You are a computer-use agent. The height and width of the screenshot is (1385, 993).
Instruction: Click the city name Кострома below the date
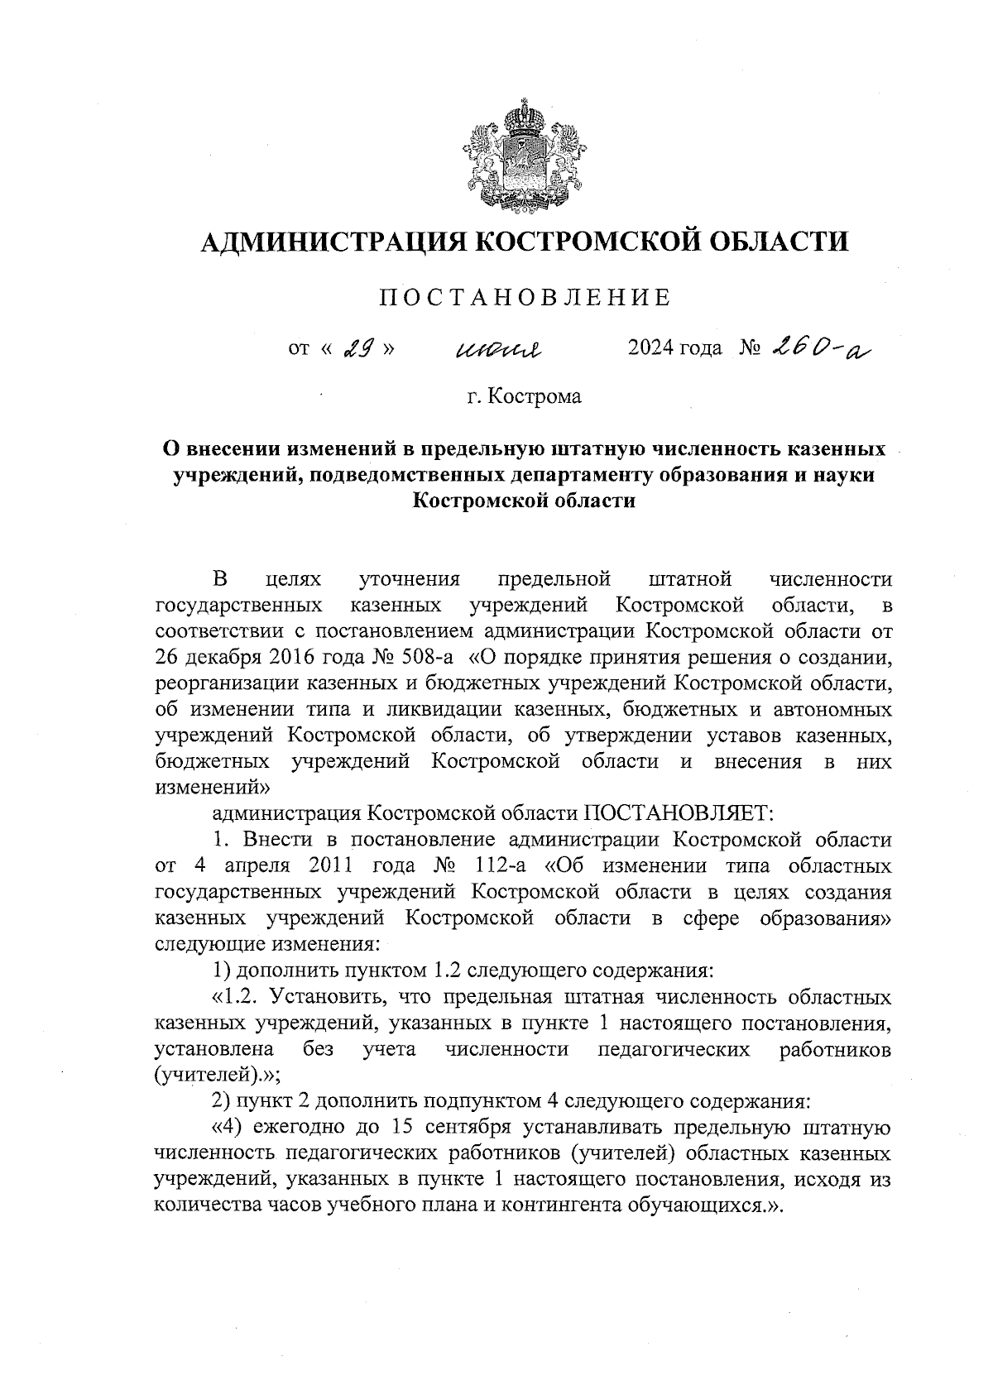[x=535, y=396]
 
